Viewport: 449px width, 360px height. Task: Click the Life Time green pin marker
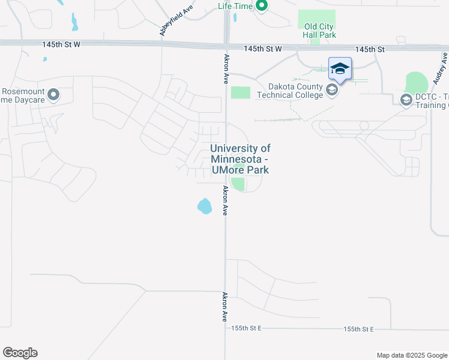tap(261, 6)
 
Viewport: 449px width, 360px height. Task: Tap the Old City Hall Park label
tap(320, 31)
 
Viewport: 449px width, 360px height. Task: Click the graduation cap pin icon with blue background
tap(339, 69)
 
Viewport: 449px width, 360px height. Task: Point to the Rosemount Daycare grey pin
tap(53, 94)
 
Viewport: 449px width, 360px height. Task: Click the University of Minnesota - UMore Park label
tap(240, 159)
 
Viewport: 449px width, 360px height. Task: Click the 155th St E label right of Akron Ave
tap(359, 329)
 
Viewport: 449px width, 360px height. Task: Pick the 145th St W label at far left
tap(61, 44)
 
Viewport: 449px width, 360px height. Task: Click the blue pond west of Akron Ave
tap(204, 206)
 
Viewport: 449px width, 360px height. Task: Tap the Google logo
tap(20, 353)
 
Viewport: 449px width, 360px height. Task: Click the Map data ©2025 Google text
tap(411, 355)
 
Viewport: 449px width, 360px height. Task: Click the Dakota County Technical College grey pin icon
tap(332, 90)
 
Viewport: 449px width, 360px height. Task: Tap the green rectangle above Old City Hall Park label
tap(317, 18)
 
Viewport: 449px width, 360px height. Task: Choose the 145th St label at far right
tap(369, 49)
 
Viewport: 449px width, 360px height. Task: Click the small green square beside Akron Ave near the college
tap(240, 92)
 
